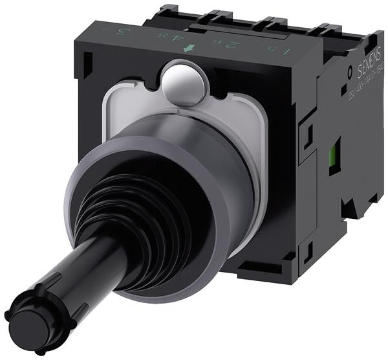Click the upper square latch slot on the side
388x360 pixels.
pyautogui.click(x=308, y=135)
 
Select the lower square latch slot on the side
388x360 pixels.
pyautogui.click(x=307, y=249)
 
